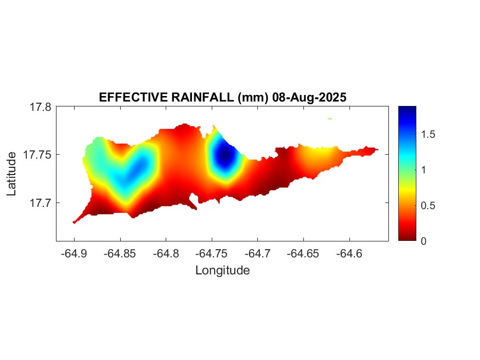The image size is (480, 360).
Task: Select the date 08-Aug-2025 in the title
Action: [309, 98]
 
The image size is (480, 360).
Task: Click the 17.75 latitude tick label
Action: [37, 155]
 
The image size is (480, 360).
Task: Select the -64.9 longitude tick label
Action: [74, 254]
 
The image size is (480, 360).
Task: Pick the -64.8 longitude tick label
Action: [166, 254]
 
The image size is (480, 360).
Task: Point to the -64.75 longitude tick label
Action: [212, 254]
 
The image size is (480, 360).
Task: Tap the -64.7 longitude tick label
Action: [258, 254]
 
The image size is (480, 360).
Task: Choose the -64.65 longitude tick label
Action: [304, 254]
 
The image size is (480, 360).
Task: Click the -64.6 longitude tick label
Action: [350, 254]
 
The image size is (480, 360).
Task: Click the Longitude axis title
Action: [222, 270]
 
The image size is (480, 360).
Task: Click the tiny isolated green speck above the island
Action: [330, 118]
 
